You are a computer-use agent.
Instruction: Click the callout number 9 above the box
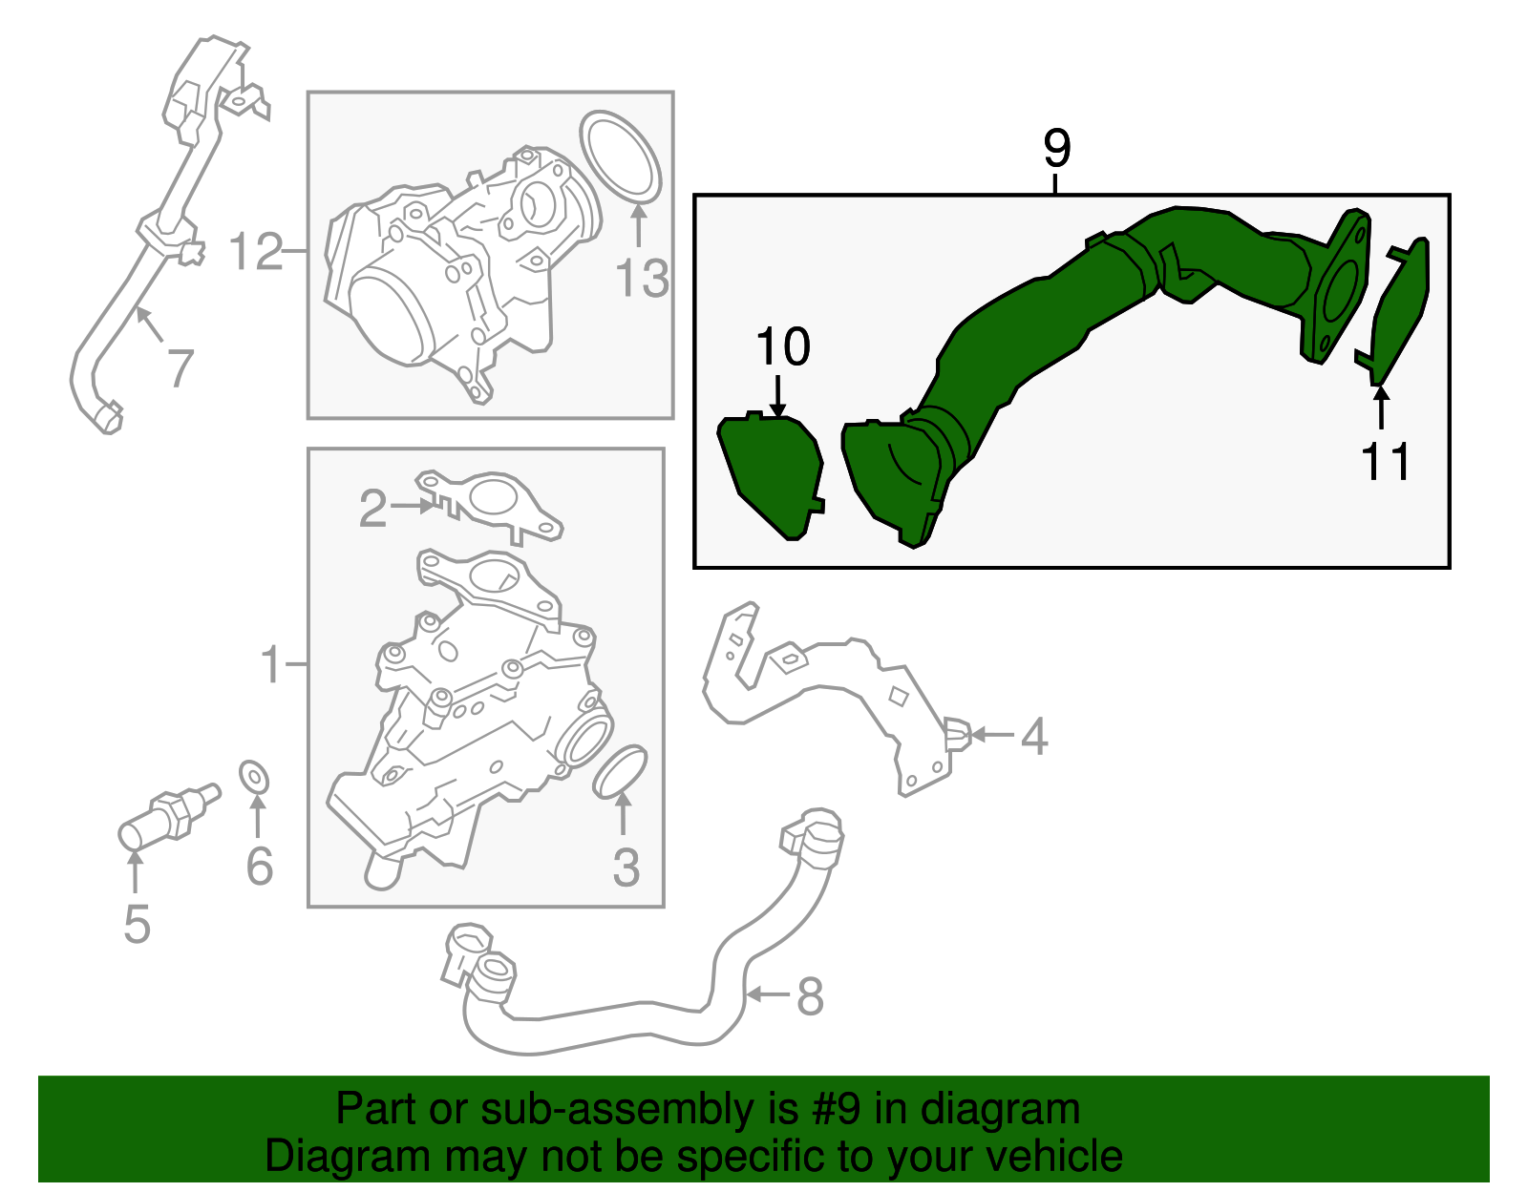pyautogui.click(x=1057, y=148)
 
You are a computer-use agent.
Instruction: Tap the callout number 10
pyautogui.click(x=783, y=346)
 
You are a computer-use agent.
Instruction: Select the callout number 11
pyautogui.click(x=1386, y=461)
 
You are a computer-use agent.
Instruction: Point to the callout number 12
pyautogui.click(x=256, y=251)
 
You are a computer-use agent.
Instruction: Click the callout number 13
pyautogui.click(x=642, y=278)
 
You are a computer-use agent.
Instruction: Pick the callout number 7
pyautogui.click(x=180, y=368)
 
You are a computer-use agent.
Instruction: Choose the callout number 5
pyautogui.click(x=138, y=925)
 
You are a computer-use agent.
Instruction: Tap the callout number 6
pyautogui.click(x=259, y=866)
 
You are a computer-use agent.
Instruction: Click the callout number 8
pyautogui.click(x=810, y=996)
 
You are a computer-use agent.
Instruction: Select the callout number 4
pyautogui.click(x=1033, y=736)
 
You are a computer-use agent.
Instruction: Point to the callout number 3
pyautogui.click(x=626, y=868)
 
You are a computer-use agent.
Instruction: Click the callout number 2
pyautogui.click(x=372, y=509)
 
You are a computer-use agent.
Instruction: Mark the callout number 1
pyautogui.click(x=270, y=664)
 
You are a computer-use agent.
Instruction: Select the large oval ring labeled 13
pyautogui.click(x=620, y=156)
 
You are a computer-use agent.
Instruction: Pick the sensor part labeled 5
pyautogui.click(x=169, y=817)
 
